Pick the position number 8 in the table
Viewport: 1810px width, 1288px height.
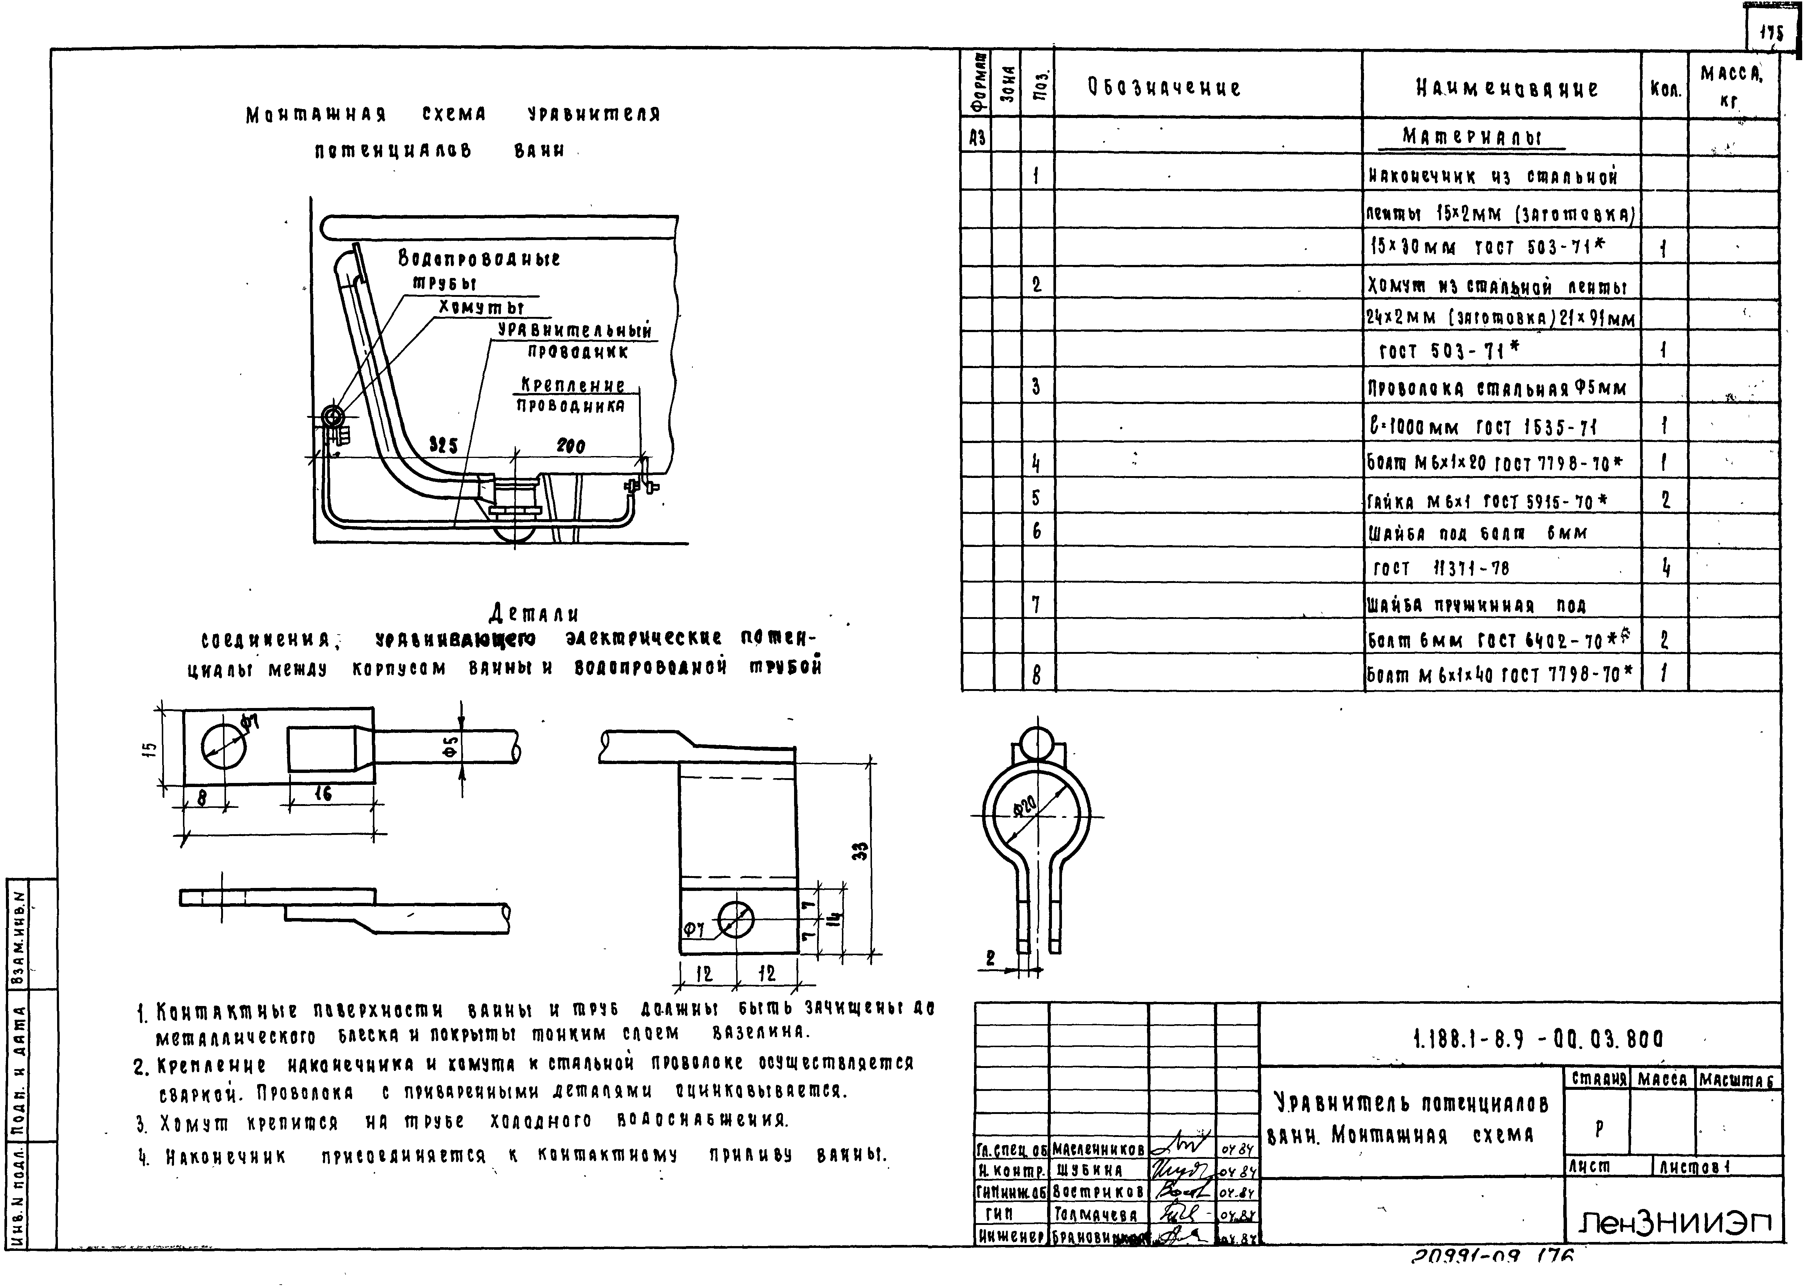[1036, 674]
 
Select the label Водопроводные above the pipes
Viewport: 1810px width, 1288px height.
[479, 259]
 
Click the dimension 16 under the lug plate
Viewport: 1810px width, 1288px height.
[323, 793]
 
